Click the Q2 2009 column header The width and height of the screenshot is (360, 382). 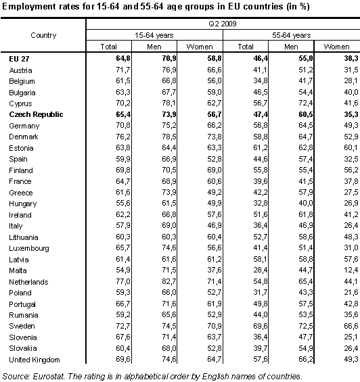coord(221,23)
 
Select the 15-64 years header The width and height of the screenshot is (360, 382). coord(154,34)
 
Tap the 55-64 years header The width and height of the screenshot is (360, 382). coord(290,34)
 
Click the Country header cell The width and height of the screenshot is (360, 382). coord(43,34)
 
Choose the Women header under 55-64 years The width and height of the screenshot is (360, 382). coord(336,46)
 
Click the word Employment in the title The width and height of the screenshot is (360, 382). coord(26,6)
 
